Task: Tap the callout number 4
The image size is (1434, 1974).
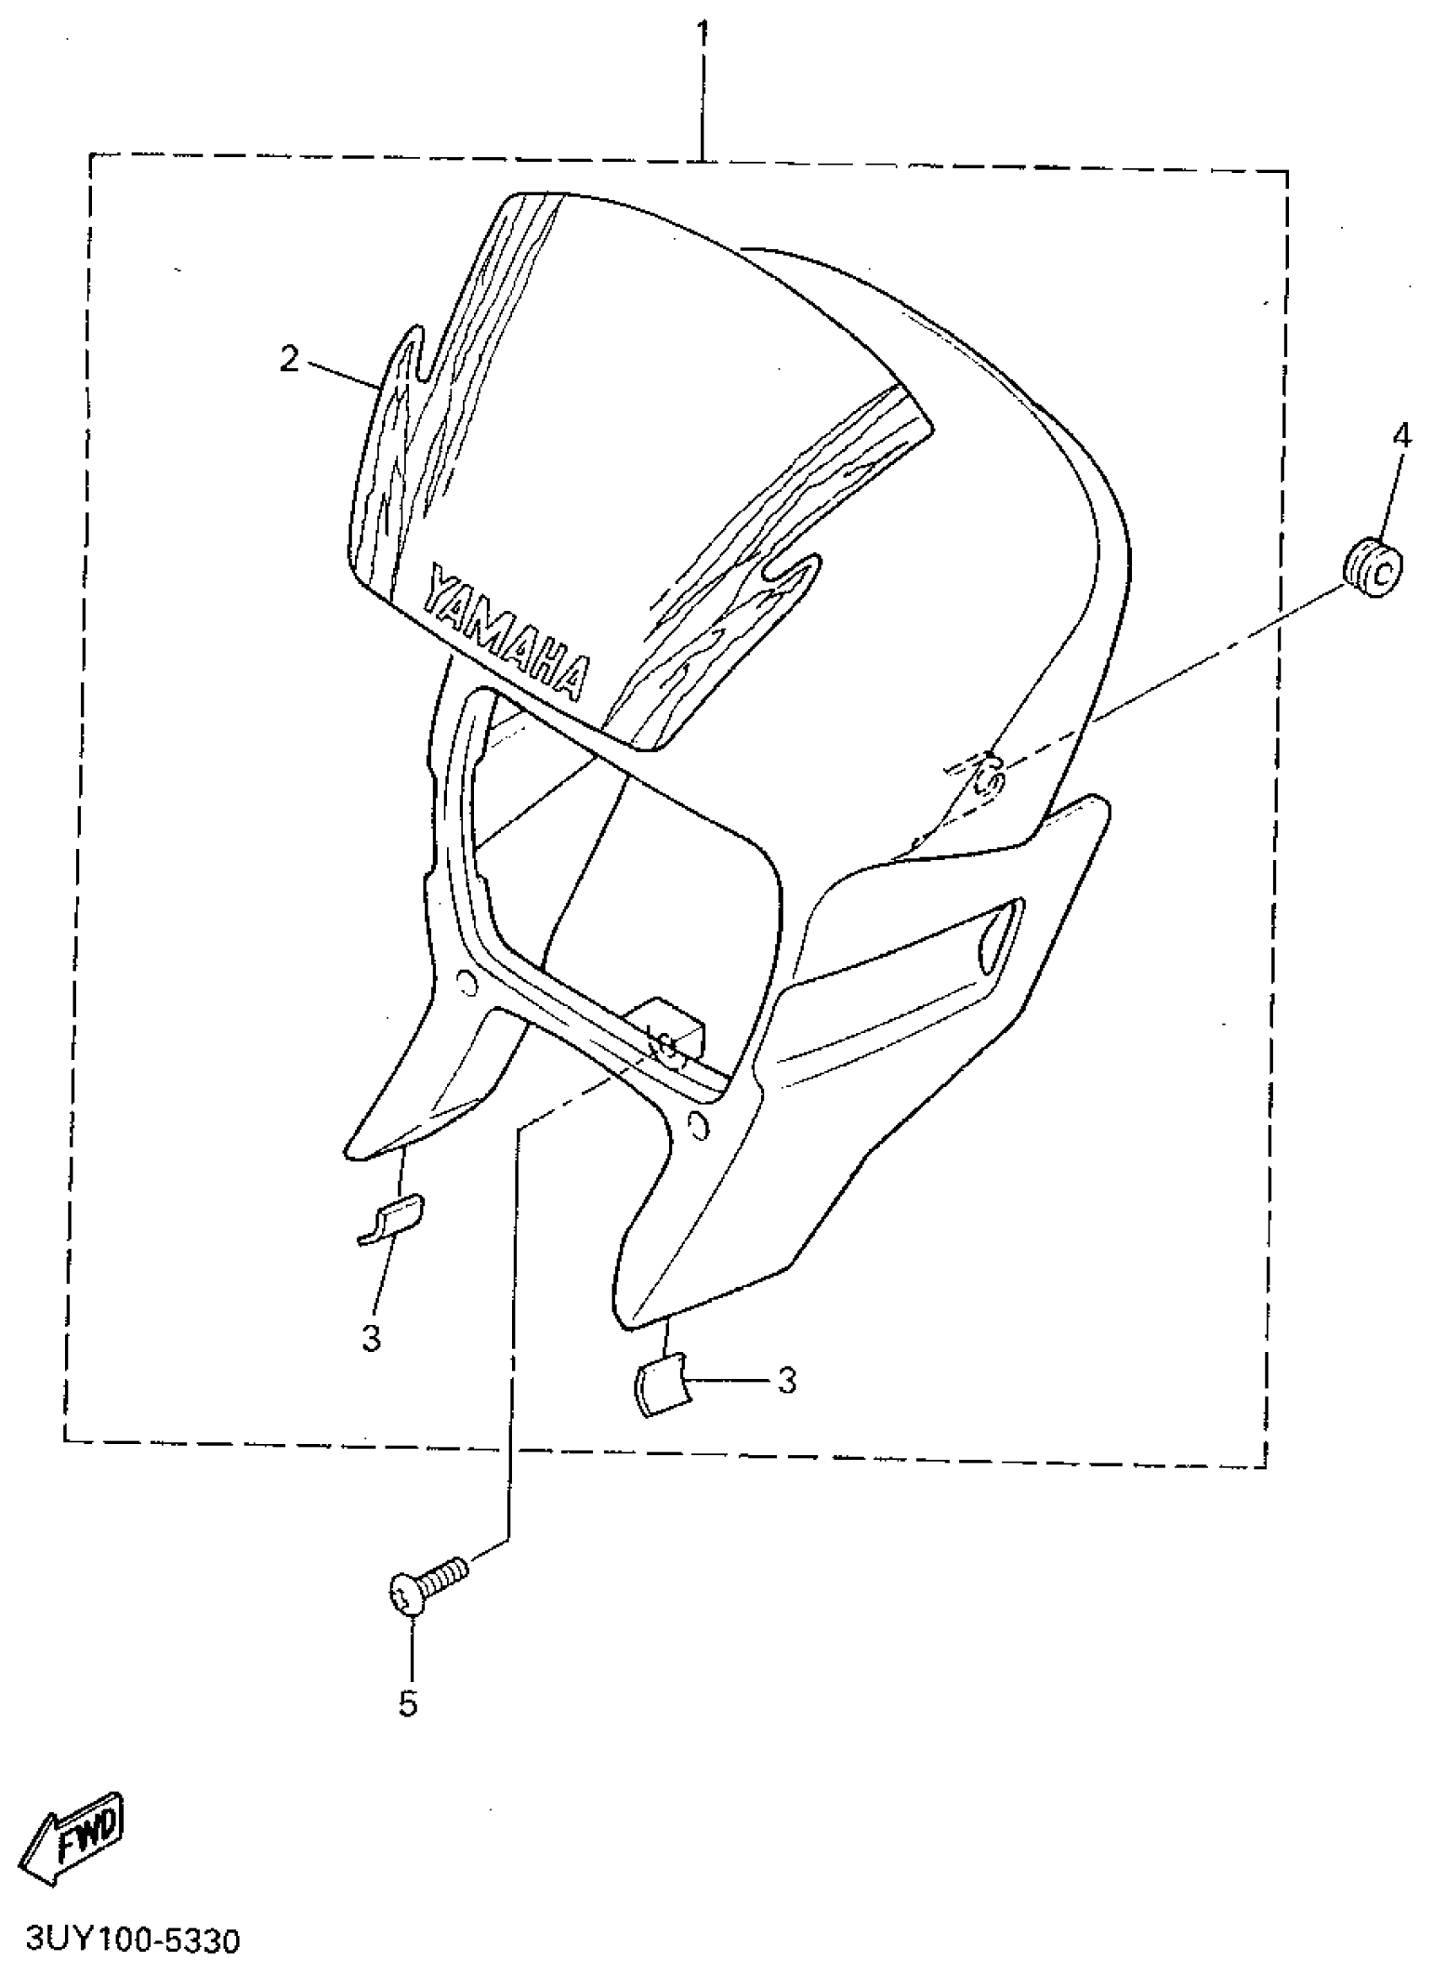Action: tap(1401, 436)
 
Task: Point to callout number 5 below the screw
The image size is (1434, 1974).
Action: tap(408, 1704)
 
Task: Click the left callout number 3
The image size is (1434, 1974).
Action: tap(371, 1339)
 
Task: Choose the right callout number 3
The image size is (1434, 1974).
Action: tap(787, 1380)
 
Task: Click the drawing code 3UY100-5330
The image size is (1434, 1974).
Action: tap(133, 1940)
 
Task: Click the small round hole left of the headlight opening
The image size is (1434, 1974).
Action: tap(466, 983)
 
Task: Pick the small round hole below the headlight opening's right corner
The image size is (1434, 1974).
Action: tap(697, 1128)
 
